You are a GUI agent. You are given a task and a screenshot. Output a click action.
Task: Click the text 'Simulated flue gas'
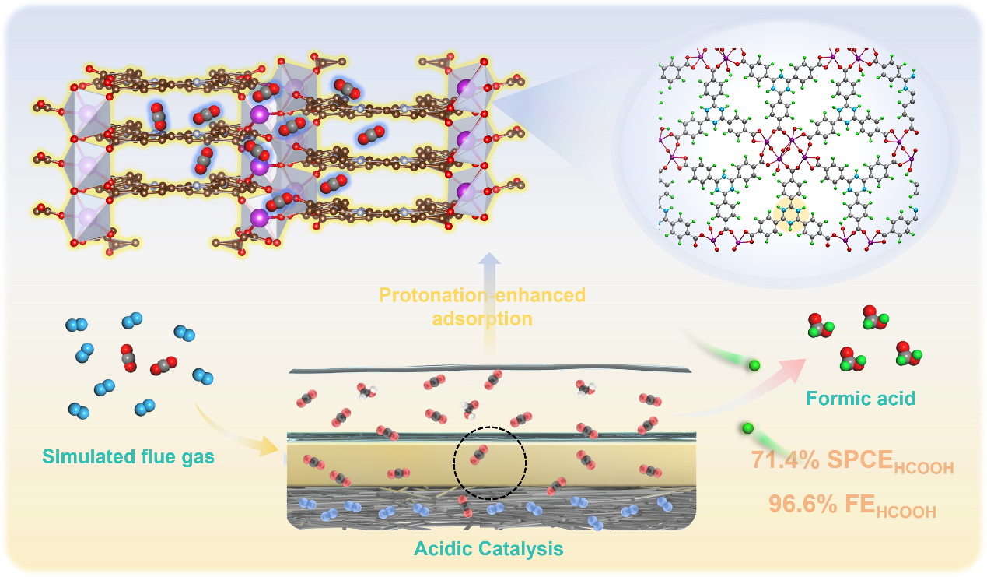(x=128, y=456)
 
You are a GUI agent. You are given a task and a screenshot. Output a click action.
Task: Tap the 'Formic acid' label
(x=860, y=399)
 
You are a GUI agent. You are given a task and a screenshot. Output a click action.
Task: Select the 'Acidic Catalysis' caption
(x=488, y=549)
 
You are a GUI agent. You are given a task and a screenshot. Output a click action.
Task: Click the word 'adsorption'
(x=481, y=318)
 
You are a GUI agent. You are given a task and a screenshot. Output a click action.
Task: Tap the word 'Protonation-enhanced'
(x=481, y=296)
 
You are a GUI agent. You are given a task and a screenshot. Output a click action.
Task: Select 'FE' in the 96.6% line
(x=861, y=504)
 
